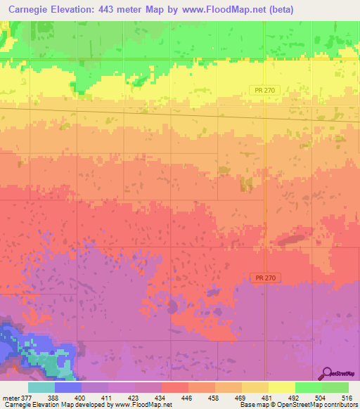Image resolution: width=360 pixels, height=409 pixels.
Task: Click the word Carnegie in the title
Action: pyautogui.click(x=25, y=9)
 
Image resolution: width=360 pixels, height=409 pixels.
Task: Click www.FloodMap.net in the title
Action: pyautogui.click(x=214, y=9)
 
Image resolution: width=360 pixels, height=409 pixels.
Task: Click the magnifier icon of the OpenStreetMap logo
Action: pyautogui.click(x=328, y=373)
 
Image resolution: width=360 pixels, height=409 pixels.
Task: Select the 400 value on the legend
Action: pyautogui.click(x=82, y=398)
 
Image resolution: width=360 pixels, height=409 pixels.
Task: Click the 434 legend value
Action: pyautogui.click(x=161, y=398)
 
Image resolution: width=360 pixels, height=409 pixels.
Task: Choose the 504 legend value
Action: pyautogui.click(x=321, y=398)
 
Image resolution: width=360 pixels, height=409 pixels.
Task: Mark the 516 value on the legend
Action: pyautogui.click(x=347, y=398)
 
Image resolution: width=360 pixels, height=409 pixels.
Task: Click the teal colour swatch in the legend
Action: pyautogui.click(x=41, y=387)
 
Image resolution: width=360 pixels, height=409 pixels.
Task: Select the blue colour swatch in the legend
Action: pyautogui.click(x=68, y=387)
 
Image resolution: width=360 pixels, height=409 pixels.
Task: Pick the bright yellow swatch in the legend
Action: pyautogui.click(x=281, y=387)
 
